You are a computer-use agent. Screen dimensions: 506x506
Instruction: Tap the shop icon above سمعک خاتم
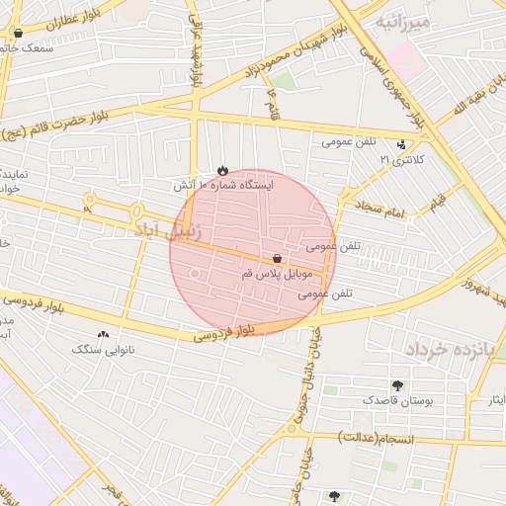click(x=18, y=33)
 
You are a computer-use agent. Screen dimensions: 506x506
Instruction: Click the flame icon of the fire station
click(x=222, y=170)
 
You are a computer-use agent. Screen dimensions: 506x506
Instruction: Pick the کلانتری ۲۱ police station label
click(x=402, y=159)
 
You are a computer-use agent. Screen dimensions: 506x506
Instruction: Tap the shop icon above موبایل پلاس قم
click(x=276, y=258)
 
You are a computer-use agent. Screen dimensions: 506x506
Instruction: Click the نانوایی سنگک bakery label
click(x=103, y=349)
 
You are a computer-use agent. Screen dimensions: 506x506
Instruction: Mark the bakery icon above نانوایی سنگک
click(x=103, y=334)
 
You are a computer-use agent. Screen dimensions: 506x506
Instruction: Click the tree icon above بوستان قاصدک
click(x=397, y=385)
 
